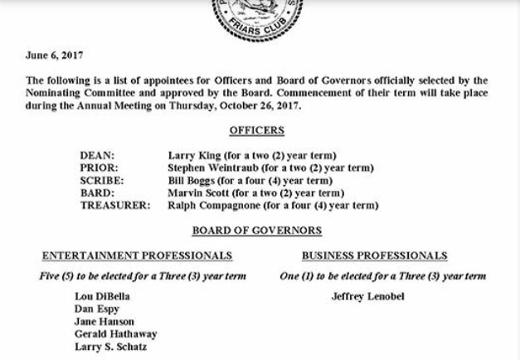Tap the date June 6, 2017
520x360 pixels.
[54, 56]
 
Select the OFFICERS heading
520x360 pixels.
[256, 130]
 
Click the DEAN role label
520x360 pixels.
[97, 155]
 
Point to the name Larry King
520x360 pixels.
[194, 155]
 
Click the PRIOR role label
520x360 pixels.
[99, 168]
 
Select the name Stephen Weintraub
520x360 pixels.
[216, 168]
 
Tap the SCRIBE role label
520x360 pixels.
[102, 180]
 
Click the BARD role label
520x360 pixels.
[97, 192]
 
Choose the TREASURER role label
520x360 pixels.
[115, 205]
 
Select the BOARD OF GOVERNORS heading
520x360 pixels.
[256, 231]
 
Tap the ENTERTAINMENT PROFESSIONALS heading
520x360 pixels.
[137, 255]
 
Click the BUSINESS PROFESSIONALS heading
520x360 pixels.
[374, 255]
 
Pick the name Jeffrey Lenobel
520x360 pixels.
[367, 296]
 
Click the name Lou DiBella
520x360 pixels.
[102, 296]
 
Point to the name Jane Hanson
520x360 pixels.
[104, 321]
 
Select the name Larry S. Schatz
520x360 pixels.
[110, 346]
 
